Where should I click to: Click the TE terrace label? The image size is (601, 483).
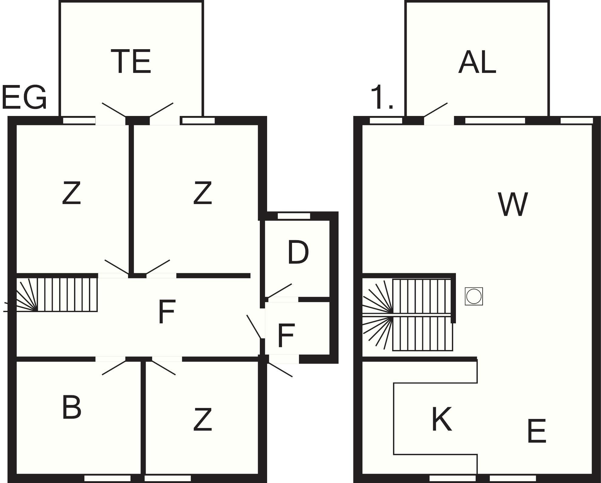click(131, 62)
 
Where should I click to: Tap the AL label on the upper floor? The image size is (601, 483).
click(477, 63)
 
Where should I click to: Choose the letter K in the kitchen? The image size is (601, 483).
click(442, 419)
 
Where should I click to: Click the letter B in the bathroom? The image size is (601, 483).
click(72, 407)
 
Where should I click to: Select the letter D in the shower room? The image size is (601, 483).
click(298, 252)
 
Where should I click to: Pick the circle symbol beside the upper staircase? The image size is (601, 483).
click(474, 296)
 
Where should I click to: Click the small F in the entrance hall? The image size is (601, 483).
click(286, 335)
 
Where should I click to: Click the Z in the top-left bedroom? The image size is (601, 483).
click(72, 193)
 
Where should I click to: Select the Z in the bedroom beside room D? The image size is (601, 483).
click(202, 193)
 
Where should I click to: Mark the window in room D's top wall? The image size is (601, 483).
click(294, 216)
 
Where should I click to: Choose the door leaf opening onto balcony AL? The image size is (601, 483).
click(436, 110)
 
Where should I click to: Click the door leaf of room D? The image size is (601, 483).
click(280, 291)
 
